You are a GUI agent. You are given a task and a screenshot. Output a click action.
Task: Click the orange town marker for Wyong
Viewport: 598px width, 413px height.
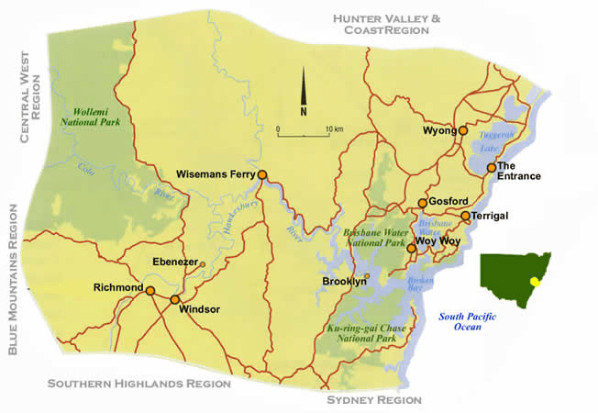pyautogui.click(x=463, y=131)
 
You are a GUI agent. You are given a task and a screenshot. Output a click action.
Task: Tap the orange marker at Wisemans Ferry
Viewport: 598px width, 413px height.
pyautogui.click(x=262, y=174)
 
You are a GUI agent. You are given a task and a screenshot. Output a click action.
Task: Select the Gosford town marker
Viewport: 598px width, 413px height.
pyautogui.click(x=422, y=203)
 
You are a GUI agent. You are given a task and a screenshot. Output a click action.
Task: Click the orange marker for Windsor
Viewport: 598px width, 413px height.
pyautogui.click(x=175, y=300)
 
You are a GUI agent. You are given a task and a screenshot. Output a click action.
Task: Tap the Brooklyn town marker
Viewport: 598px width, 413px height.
pyautogui.click(x=368, y=276)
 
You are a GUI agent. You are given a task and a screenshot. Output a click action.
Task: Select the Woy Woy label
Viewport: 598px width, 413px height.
pyautogui.click(x=437, y=241)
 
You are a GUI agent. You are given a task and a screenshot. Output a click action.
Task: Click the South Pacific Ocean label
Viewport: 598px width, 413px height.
pyautogui.click(x=467, y=320)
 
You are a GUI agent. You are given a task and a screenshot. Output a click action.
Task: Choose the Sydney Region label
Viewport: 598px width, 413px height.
pyautogui.click(x=374, y=400)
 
